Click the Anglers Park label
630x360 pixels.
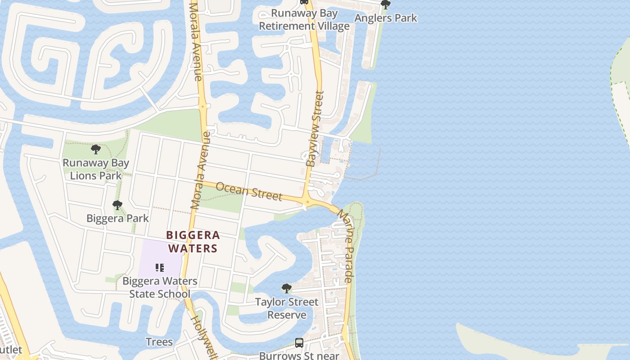click(x=386, y=18)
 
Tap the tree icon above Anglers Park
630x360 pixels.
click(x=385, y=5)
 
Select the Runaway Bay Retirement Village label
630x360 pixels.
click(x=304, y=20)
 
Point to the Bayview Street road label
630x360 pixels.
click(x=315, y=129)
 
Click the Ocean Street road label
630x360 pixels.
click(x=249, y=191)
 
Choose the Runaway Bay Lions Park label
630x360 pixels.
click(x=96, y=169)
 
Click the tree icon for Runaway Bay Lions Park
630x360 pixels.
click(x=95, y=149)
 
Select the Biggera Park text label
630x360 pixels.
click(x=117, y=219)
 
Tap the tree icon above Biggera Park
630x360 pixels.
click(x=117, y=206)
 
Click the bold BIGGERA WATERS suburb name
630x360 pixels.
click(x=193, y=242)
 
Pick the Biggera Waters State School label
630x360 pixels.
click(x=160, y=288)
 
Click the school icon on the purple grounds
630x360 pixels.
click(x=159, y=268)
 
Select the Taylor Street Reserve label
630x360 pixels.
click(x=287, y=308)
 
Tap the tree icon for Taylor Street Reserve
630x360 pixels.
click(x=286, y=288)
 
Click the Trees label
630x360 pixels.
click(x=159, y=342)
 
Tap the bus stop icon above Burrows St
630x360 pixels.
click(x=299, y=343)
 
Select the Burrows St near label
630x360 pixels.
click(x=299, y=355)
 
